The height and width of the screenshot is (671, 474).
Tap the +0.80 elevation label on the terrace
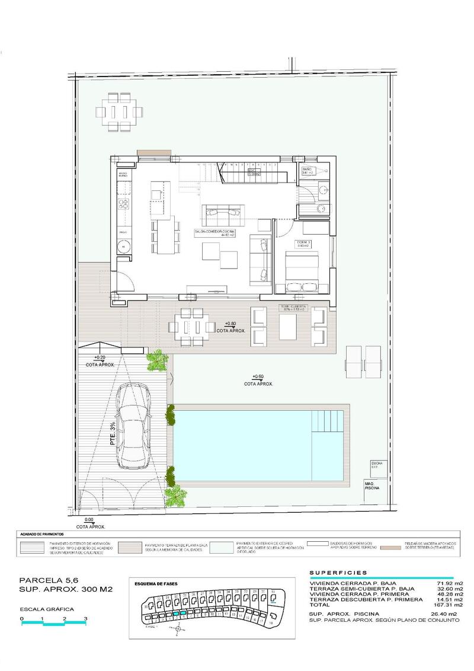click(230, 324)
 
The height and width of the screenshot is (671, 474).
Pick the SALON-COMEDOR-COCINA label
click(214, 232)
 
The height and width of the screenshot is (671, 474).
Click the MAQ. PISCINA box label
click(372, 485)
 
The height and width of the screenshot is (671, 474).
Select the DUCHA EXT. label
click(374, 465)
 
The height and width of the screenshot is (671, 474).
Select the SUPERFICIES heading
click(338, 573)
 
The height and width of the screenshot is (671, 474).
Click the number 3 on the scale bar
click(86, 619)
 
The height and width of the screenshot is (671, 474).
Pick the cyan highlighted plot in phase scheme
click(183, 614)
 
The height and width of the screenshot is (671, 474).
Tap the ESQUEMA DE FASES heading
click(156, 584)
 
